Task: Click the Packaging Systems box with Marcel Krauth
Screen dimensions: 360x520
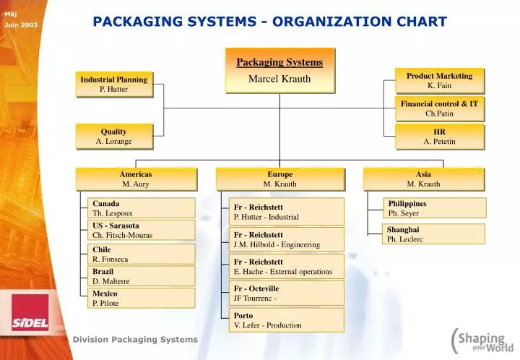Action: coord(279,70)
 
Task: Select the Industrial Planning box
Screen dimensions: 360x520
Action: coord(114,84)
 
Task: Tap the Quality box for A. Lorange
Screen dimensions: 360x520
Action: coord(114,136)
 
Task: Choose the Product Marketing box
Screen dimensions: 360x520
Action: coord(439,80)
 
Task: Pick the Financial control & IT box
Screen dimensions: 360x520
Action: coord(439,108)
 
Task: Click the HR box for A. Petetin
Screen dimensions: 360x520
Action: coord(439,136)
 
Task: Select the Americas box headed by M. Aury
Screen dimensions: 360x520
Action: coord(136,179)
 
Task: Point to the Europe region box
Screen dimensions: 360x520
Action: coord(279,179)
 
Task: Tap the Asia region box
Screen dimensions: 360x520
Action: coord(423,179)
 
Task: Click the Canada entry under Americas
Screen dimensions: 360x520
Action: coord(141,208)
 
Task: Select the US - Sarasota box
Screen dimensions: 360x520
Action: coord(141,230)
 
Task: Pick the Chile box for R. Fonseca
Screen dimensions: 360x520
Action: coord(141,254)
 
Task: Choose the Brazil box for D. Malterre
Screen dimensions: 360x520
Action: coord(141,275)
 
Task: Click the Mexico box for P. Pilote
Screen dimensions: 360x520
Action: coord(141,298)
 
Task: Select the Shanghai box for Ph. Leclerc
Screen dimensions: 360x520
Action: coord(434,233)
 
